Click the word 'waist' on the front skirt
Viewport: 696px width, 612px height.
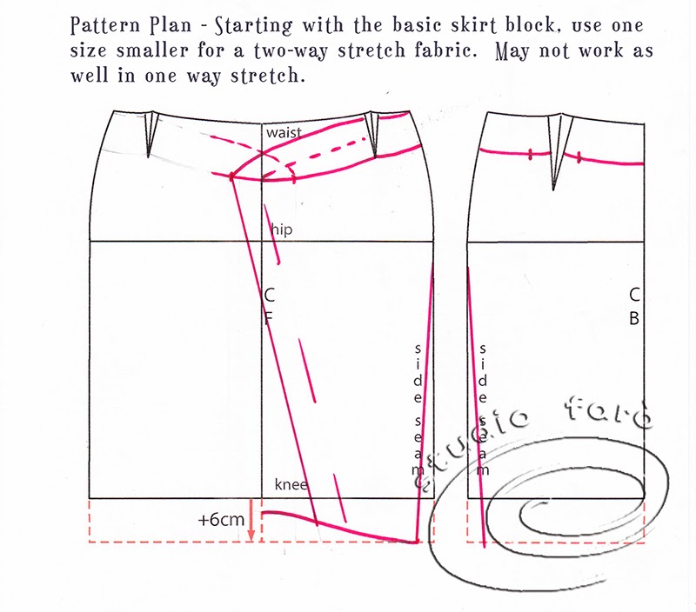(x=284, y=132)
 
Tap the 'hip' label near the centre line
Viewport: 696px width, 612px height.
(x=280, y=228)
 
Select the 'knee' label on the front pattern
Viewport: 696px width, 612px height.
(x=291, y=484)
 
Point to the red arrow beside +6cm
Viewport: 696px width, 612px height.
(x=251, y=521)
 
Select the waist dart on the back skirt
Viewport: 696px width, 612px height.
(x=555, y=148)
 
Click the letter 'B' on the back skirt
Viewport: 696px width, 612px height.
(x=634, y=318)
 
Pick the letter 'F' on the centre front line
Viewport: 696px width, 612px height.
(x=269, y=318)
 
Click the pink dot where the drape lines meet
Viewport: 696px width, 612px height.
(x=232, y=176)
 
